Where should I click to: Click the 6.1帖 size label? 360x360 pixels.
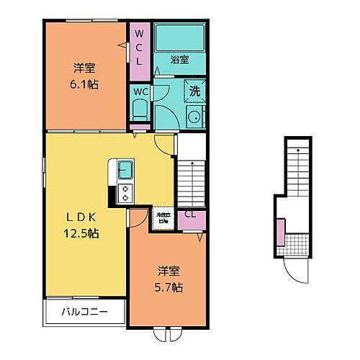[x=86, y=84]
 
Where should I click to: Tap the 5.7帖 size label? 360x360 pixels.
[x=171, y=287]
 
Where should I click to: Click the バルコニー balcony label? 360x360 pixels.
[x=84, y=313]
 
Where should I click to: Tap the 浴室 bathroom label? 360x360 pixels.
[x=179, y=60]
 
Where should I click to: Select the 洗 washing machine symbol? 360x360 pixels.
[x=193, y=91]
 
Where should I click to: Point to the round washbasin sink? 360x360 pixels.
[x=193, y=119]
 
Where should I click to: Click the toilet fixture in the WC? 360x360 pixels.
[x=140, y=110]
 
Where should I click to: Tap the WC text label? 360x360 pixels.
[x=140, y=92]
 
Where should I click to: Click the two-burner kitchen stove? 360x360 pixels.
[x=125, y=193]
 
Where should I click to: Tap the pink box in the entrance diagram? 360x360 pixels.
[x=279, y=233]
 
